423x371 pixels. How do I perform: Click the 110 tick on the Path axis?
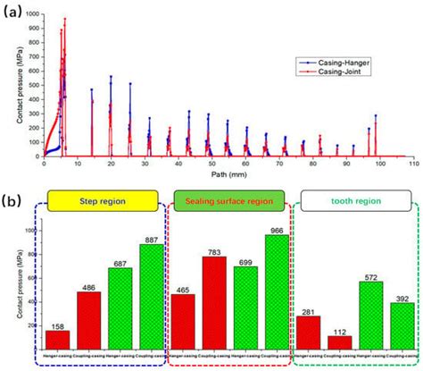[x=413, y=164]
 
